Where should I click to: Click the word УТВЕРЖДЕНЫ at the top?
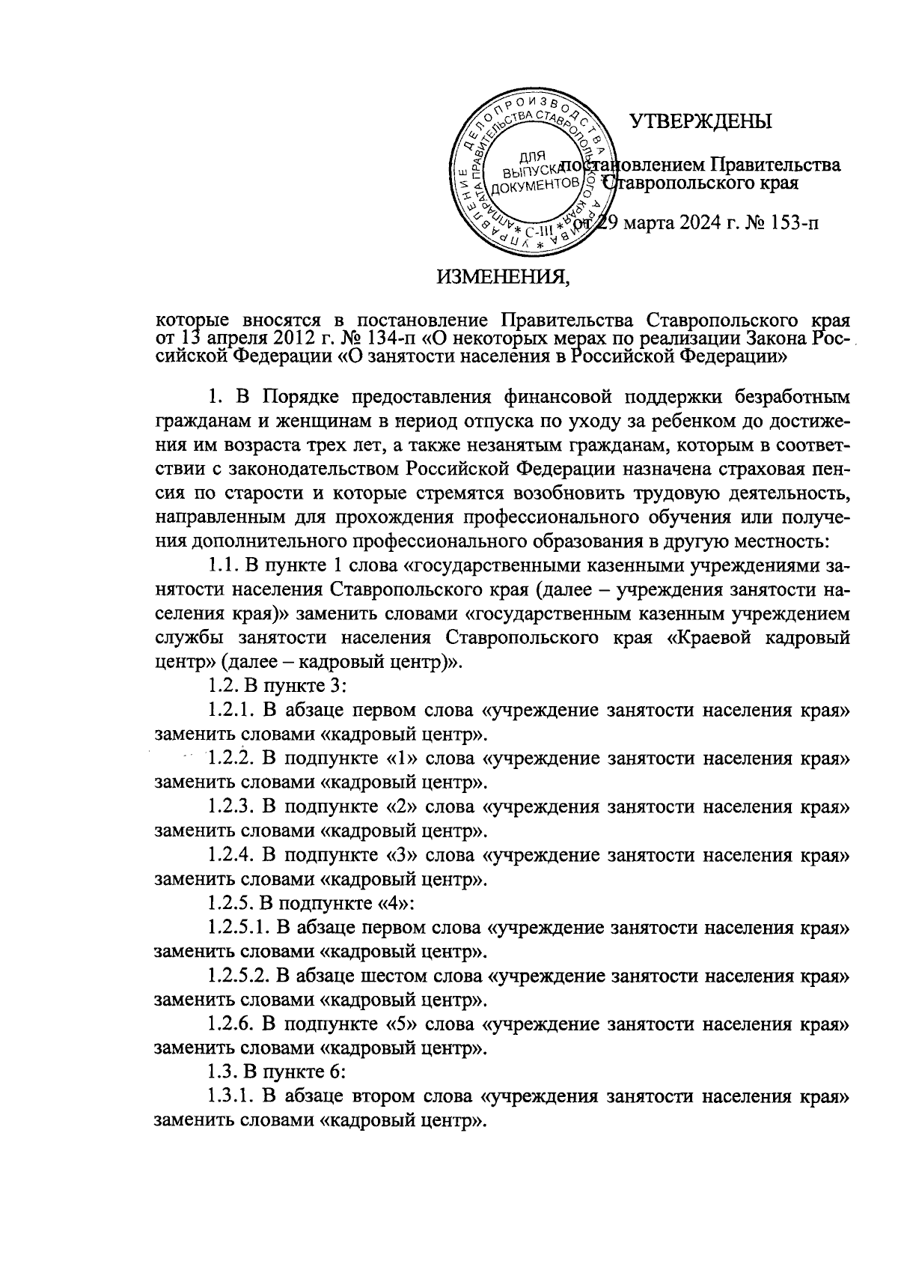click(x=700, y=121)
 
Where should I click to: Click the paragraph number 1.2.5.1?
click(x=236, y=929)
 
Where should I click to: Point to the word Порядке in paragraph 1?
click(x=284, y=395)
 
